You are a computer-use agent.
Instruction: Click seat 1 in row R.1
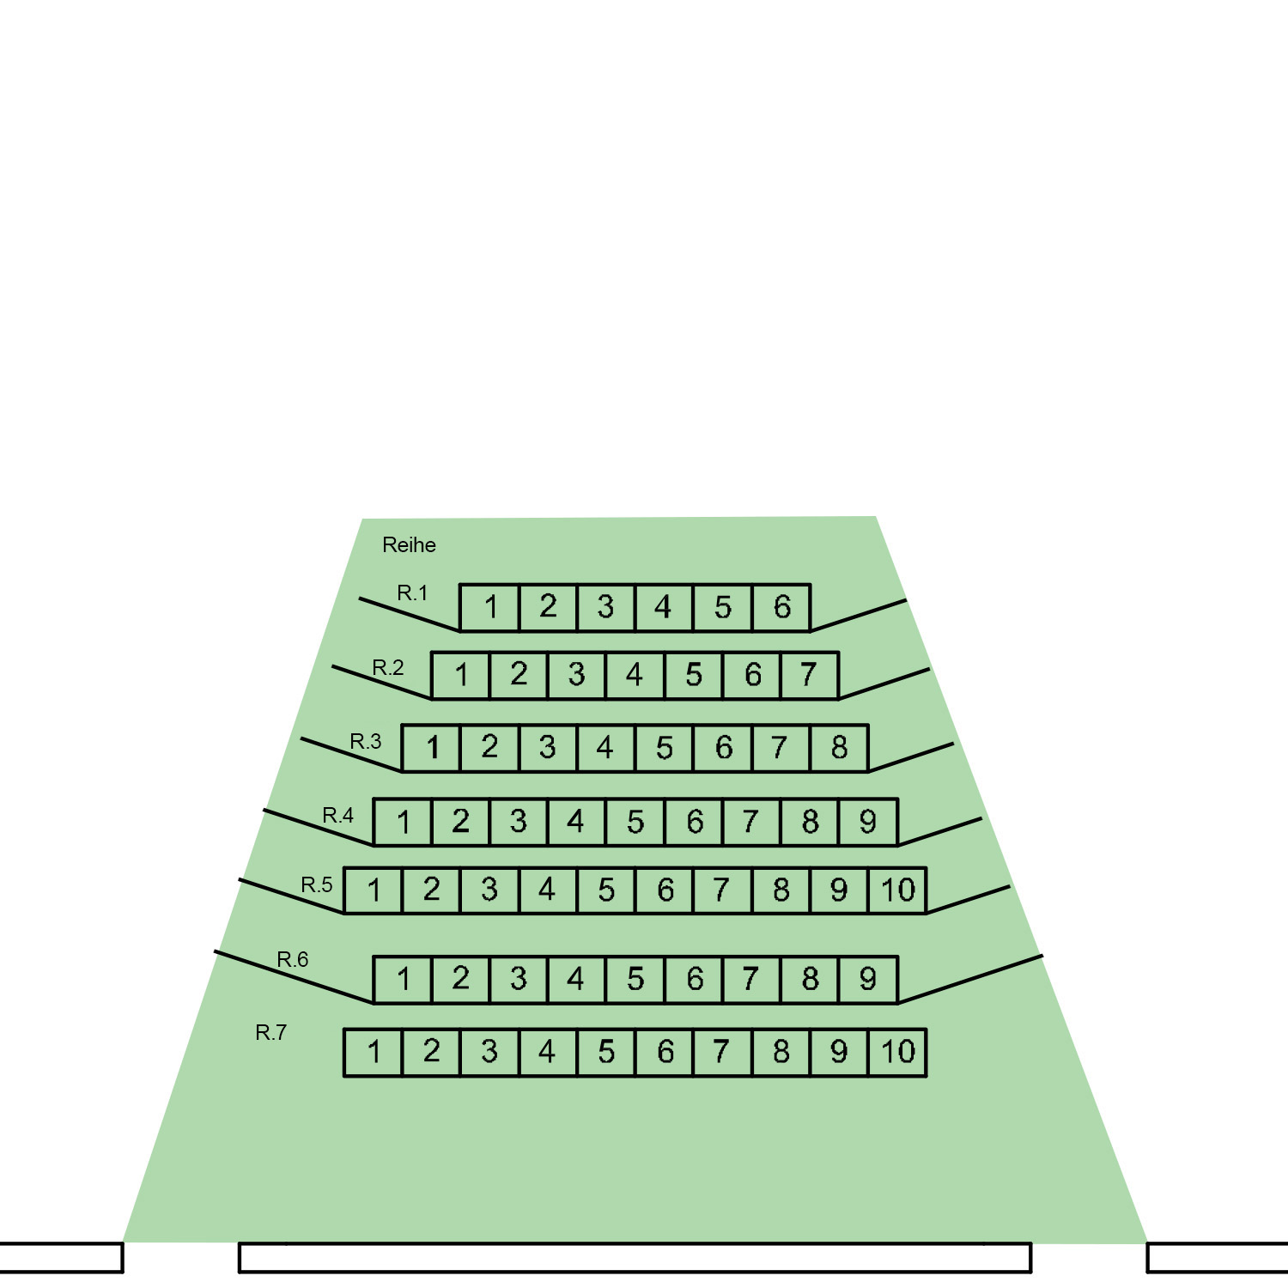pos(489,608)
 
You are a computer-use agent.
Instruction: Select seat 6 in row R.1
pos(781,608)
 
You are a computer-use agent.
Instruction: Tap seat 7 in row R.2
pos(810,676)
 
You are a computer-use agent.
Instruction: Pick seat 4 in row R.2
pos(635,676)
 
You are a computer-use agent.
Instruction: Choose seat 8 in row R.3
pos(839,748)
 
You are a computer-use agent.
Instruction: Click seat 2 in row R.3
pos(489,748)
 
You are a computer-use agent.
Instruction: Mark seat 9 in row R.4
pos(868,823)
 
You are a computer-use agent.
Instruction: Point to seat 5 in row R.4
pos(635,823)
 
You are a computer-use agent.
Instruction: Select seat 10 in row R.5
pos(897,890)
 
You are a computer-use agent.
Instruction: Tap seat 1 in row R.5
pos(374,890)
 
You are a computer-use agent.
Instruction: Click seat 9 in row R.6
pos(868,980)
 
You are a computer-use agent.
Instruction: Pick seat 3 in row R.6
pos(518,980)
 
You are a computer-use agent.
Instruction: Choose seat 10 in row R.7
pos(897,1053)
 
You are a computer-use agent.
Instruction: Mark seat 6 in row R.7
pos(664,1053)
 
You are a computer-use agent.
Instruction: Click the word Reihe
pos(409,545)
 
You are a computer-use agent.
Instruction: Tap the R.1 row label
pos(412,592)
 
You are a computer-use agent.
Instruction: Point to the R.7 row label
pos(271,1033)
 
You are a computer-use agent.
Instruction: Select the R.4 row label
pos(337,815)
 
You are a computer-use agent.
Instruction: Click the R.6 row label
pos(293,960)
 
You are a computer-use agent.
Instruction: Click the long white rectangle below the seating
pos(635,1258)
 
